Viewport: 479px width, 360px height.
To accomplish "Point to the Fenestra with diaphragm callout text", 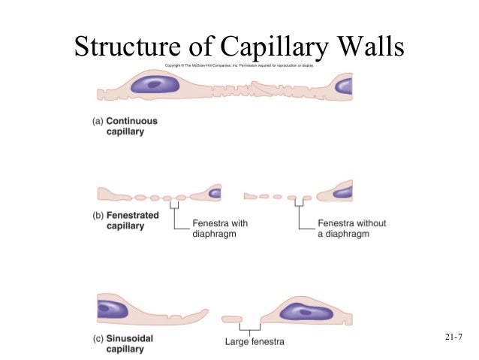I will (220, 228).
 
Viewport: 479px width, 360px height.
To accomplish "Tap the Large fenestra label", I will (255, 343).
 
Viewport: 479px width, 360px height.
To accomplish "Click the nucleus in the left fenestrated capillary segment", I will (215, 193).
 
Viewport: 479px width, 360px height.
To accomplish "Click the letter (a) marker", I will (97, 121).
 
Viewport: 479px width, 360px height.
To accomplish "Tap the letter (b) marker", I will (97, 216).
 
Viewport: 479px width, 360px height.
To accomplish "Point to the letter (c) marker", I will (97, 339).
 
